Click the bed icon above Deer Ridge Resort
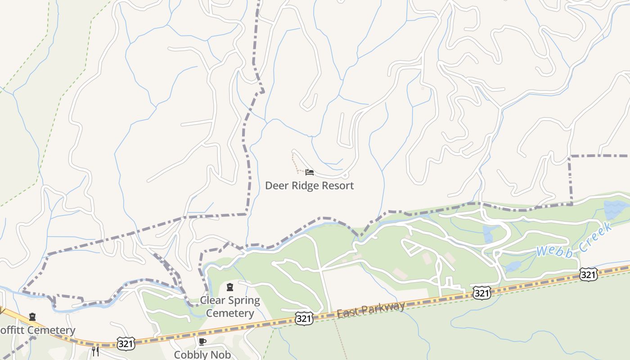[x=309, y=172]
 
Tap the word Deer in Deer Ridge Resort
[x=275, y=185]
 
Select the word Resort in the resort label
[x=338, y=185]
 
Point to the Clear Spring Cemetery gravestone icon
[x=230, y=287]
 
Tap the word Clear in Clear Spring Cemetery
[x=213, y=301]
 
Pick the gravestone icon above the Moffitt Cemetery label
[x=32, y=317]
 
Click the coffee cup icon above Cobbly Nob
[x=202, y=342]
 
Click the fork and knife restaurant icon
[x=95, y=351]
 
